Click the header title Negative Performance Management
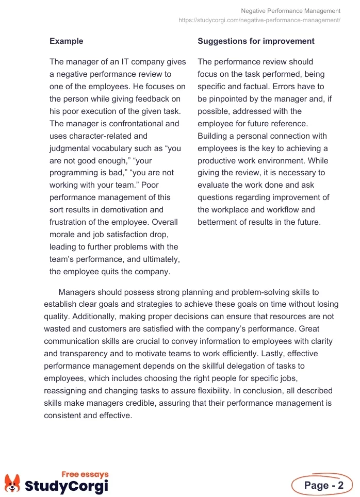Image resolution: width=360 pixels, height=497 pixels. (x=291, y=11)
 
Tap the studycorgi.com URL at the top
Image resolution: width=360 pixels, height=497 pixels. (x=259, y=20)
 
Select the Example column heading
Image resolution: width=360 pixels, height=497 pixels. (x=66, y=41)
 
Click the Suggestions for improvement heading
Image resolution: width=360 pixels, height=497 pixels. (x=256, y=41)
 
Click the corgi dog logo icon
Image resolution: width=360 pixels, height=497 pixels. (x=12, y=483)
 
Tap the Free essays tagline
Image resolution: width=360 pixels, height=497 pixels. (x=85, y=474)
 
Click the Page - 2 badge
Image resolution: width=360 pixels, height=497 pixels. (x=322, y=485)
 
